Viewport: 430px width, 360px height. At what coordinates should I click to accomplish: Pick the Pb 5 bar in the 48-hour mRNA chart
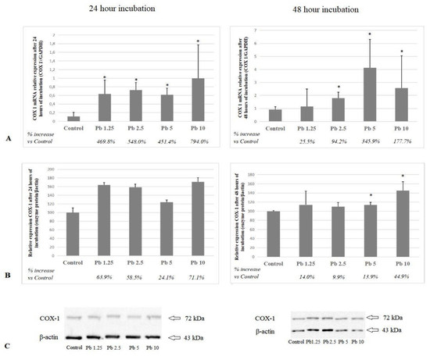pos(370,94)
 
